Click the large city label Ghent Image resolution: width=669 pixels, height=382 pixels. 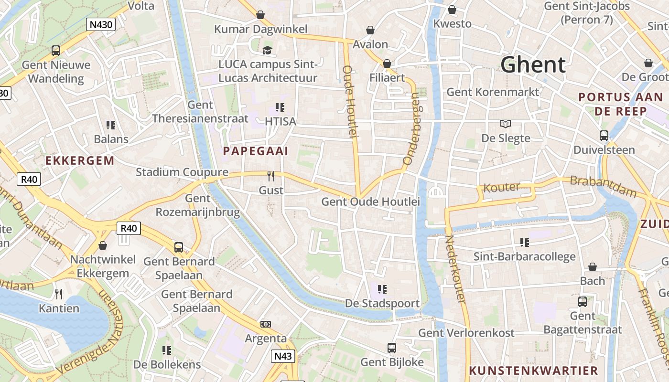point(533,65)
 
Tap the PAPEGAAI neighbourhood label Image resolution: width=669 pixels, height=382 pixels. point(256,151)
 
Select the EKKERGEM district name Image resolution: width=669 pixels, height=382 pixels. point(80,160)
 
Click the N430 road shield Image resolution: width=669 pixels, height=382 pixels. point(101,24)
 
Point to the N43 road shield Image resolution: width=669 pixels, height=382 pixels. point(283,356)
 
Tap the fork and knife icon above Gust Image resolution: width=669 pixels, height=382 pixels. point(271,176)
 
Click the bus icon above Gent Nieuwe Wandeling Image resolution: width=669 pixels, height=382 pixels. point(56,50)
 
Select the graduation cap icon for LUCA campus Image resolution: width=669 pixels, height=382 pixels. point(267,50)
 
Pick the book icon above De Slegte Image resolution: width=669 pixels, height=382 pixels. point(506,124)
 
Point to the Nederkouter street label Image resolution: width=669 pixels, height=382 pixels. point(455,269)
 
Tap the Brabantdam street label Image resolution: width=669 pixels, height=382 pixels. point(603,187)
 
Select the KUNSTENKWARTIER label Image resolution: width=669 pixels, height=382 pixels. point(533,371)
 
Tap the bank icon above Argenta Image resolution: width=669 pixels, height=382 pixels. point(266,324)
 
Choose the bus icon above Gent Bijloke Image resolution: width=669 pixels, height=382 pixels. point(392,348)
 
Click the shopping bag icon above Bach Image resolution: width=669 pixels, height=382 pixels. point(593,266)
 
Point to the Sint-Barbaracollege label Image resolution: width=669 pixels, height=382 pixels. point(524,257)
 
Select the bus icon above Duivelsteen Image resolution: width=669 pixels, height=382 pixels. point(604,135)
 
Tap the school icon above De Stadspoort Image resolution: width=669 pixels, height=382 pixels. point(382,289)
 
